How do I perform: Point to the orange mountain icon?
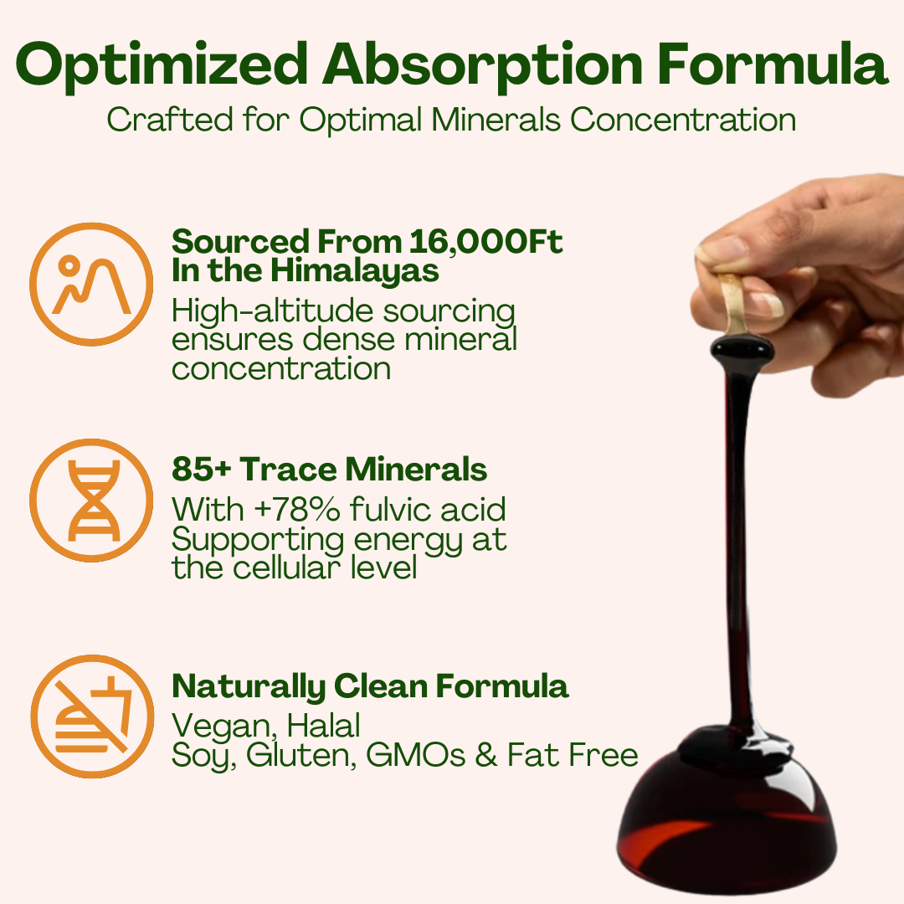(x=91, y=285)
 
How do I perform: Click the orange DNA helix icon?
(x=91, y=501)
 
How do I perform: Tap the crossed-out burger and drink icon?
(x=91, y=717)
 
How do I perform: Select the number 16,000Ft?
(x=486, y=242)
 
